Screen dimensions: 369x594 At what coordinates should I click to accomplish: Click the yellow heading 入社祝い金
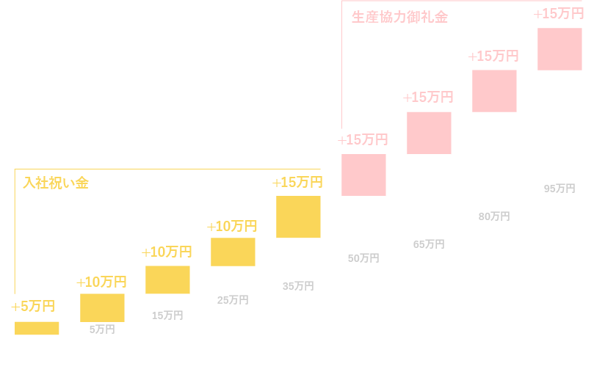56,183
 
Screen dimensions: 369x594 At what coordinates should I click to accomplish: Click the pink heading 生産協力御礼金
399,17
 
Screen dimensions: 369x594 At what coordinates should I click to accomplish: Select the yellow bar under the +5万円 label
37,328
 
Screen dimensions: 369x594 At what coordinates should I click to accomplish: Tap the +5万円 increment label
33,307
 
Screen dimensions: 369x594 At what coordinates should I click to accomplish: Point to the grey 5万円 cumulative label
102,329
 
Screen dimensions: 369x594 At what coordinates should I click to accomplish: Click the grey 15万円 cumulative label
167,315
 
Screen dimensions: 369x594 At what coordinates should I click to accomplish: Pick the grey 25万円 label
233,300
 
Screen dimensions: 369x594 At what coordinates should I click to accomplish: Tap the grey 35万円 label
298,286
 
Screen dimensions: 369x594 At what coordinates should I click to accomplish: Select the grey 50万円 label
363,258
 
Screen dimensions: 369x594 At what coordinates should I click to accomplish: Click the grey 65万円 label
429,244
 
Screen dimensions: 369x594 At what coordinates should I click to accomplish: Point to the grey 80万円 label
494,216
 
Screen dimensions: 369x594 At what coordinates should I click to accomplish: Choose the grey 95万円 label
559,189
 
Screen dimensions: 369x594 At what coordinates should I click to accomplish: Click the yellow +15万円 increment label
297,183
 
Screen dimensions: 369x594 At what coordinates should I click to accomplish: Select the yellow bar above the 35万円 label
298,216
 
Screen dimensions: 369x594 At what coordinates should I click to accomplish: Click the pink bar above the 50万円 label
363,175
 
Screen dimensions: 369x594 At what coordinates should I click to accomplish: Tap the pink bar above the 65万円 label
429,133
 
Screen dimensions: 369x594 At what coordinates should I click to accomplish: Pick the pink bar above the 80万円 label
494,91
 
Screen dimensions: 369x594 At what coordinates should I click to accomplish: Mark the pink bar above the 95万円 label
559,49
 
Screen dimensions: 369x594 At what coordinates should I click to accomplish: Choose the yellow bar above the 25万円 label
233,252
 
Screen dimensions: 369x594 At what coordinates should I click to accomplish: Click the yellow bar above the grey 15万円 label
167,280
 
